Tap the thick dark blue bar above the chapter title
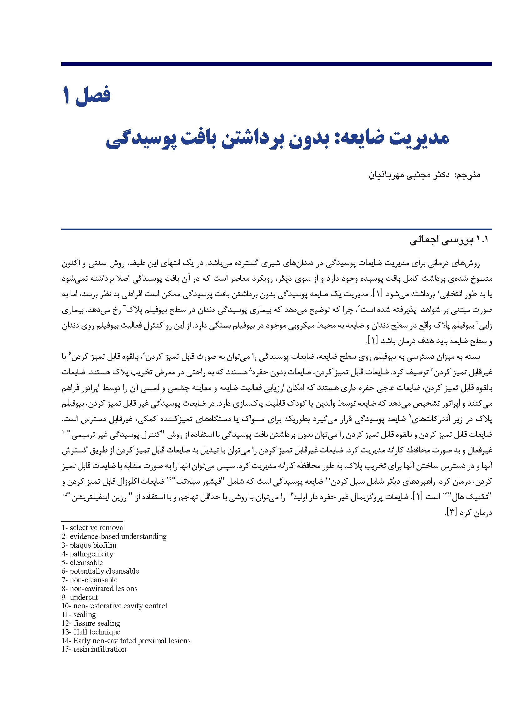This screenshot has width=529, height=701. (276, 64)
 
